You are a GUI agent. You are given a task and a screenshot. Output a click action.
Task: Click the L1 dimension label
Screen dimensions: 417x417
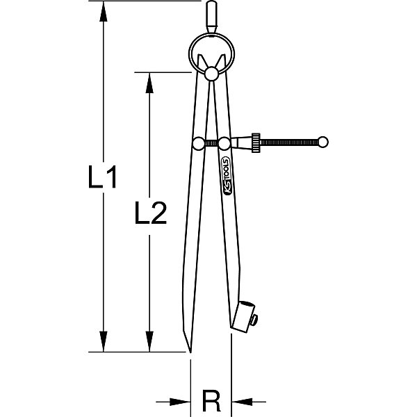coord(102,177)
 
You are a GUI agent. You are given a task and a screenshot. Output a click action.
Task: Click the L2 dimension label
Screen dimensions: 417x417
coord(151,213)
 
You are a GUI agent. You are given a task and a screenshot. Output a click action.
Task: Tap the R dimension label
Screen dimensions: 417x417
coord(211,400)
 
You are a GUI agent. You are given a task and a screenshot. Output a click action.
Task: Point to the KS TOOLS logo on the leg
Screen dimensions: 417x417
coord(227,176)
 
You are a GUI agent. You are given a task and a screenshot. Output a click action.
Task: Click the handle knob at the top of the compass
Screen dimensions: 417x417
coord(212,17)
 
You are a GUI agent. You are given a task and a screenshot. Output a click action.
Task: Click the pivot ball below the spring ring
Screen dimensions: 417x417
coord(212,74)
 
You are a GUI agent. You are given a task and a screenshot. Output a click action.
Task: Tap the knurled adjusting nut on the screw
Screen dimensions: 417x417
coord(256,142)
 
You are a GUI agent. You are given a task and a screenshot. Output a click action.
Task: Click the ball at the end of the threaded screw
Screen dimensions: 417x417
coord(323,142)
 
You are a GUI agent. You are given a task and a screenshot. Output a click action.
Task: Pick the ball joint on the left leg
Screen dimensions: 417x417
coord(198,143)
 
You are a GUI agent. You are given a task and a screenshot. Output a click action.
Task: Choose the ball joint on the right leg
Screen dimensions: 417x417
coord(224,143)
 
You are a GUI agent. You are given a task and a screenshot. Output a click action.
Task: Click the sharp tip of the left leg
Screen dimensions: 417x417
coord(190,352)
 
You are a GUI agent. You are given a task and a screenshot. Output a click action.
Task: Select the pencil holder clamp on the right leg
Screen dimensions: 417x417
coord(243,316)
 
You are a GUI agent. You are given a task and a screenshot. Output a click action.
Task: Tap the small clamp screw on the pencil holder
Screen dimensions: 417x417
coord(255,320)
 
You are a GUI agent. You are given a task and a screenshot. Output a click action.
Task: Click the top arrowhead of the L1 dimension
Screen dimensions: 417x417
coord(103,11)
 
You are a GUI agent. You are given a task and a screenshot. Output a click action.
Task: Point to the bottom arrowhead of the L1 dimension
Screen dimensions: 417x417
coord(103,341)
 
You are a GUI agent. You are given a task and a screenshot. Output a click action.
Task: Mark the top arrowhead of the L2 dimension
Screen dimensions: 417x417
coord(149,83)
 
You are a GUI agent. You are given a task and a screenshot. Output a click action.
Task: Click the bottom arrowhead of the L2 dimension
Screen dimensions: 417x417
coord(149,341)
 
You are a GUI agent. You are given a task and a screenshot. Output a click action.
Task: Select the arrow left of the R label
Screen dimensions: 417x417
coord(173,402)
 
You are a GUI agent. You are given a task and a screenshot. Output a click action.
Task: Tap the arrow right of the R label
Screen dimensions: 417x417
coord(249,402)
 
